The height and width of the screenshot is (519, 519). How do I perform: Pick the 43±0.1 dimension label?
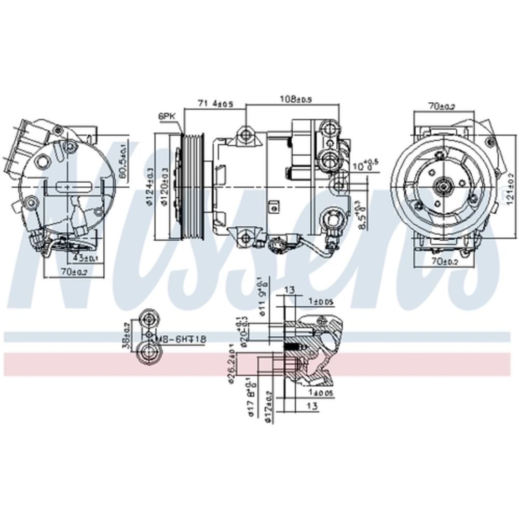pos(84,257)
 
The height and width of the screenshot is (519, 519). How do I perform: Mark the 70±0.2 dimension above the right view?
pos(441,107)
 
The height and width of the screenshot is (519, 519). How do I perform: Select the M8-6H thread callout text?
pos(182,339)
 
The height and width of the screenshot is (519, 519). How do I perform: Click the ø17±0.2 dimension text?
pos(268,406)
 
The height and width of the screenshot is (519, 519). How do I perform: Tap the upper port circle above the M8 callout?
pos(149,320)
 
